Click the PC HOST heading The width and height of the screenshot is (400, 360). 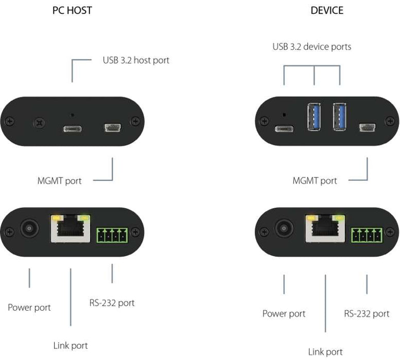point(72,10)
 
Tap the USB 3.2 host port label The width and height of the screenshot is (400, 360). point(136,60)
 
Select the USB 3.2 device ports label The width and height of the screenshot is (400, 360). point(311,47)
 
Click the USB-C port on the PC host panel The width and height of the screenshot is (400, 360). point(72,128)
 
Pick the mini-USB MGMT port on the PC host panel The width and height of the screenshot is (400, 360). point(112,127)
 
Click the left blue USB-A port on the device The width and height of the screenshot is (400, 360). point(314,117)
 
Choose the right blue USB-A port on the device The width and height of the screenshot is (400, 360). point(340,117)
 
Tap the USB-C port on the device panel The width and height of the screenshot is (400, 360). point(284,128)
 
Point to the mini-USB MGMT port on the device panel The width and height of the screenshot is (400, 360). point(367,127)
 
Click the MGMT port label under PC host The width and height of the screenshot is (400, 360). point(59,181)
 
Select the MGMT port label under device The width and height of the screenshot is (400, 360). point(315,181)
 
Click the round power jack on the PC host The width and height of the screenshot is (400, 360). point(29,228)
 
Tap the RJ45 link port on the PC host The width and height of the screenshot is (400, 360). point(70,229)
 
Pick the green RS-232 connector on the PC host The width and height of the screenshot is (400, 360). point(111,236)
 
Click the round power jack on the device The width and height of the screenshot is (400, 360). point(284,228)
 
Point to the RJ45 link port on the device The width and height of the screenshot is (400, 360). point(325,229)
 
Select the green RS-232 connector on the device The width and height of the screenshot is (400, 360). point(367,236)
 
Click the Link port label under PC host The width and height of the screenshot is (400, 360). point(71,345)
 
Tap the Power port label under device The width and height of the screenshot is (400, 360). point(284,313)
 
